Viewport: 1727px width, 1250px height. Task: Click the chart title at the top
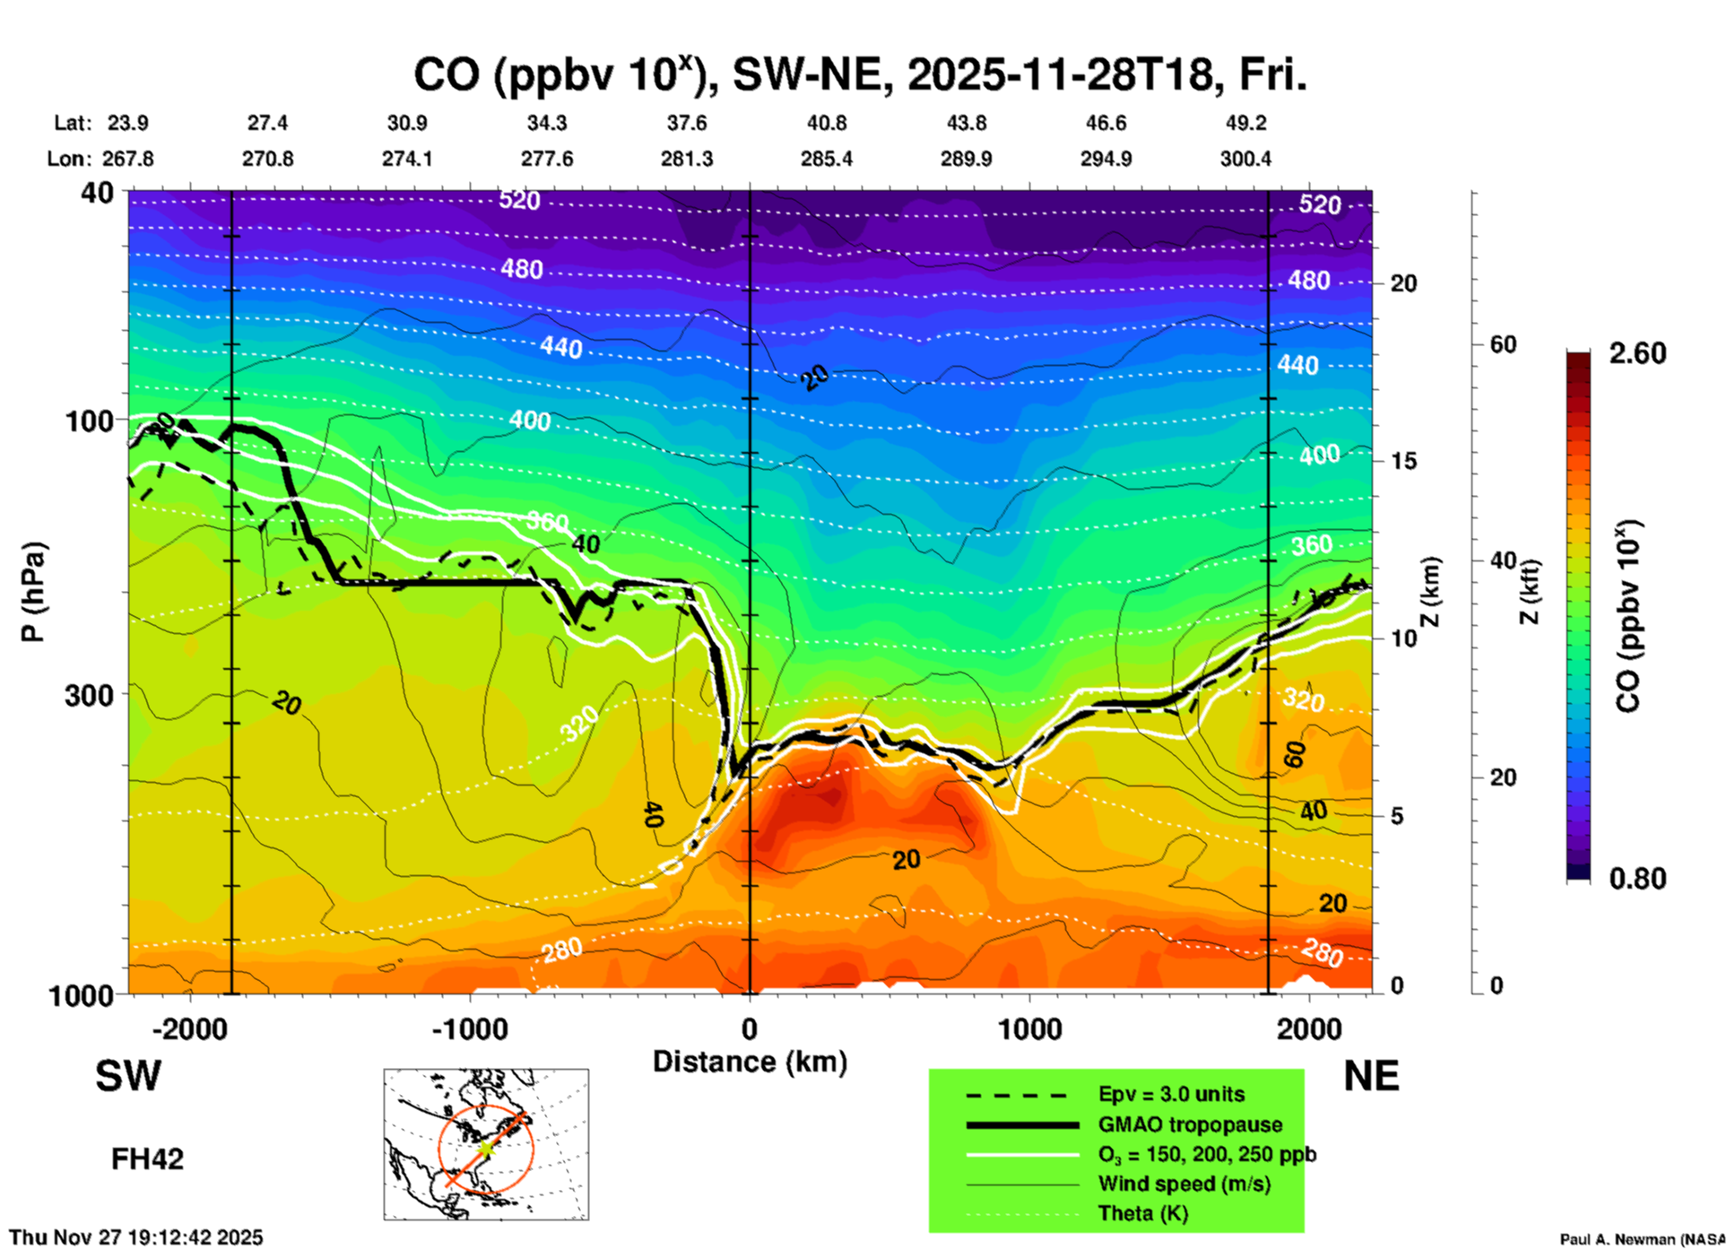coord(859,75)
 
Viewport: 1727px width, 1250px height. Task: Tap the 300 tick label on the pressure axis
coord(90,695)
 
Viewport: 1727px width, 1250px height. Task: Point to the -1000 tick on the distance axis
coord(469,1029)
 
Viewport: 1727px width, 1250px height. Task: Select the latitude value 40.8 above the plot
coord(826,123)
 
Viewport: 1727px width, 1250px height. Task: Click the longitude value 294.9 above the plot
coord(1106,159)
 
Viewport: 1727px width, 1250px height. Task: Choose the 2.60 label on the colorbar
coord(1637,353)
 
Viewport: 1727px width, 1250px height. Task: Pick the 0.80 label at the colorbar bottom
coord(1637,878)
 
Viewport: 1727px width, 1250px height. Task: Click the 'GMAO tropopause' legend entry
coord(1190,1124)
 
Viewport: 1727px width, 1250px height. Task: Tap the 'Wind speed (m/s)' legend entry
coord(1184,1184)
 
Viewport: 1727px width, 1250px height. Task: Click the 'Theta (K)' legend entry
coord(1142,1213)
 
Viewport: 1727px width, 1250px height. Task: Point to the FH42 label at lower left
coord(147,1159)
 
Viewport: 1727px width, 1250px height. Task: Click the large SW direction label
coord(128,1076)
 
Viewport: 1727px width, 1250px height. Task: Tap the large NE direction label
coord(1371,1076)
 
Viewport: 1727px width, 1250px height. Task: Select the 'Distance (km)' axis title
coord(750,1062)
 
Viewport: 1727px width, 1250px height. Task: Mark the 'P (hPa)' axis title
coord(33,592)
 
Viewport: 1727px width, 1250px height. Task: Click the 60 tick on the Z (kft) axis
coord(1504,344)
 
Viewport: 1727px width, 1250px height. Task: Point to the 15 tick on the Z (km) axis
coord(1403,461)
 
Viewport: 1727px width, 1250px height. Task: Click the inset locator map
coord(486,1144)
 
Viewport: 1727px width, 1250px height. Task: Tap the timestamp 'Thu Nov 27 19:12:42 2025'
coord(136,1237)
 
